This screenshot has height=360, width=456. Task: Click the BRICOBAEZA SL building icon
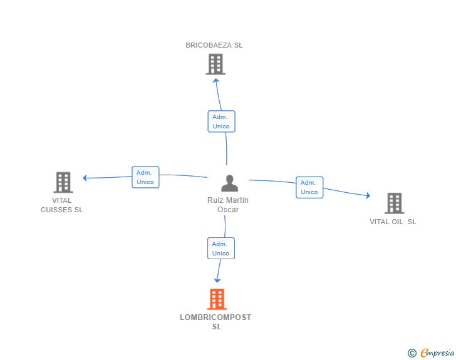215,64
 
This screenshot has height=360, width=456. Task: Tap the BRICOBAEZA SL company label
214,45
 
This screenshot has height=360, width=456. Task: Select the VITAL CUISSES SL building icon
63,182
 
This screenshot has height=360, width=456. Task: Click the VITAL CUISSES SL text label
62,205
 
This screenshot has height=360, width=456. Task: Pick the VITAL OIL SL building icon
394,203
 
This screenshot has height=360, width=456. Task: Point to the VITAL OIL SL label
393,222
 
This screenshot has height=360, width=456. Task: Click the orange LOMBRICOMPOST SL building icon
217,299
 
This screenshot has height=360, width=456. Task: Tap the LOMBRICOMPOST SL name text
215,322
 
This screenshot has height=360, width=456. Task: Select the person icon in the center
230,183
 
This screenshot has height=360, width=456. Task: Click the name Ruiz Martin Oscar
228,205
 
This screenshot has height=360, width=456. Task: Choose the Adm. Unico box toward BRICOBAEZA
221,121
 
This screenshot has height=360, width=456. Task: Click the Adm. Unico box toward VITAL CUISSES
145,177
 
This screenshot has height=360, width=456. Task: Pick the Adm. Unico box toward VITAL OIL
309,187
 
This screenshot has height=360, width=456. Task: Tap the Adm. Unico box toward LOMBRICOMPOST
220,249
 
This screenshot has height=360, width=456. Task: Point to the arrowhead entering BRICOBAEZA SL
216,80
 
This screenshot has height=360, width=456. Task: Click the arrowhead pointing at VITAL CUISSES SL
85,178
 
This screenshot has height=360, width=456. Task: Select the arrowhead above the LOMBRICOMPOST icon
217,280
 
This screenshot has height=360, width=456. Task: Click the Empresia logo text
437,353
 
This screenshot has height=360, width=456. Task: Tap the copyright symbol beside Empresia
412,354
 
